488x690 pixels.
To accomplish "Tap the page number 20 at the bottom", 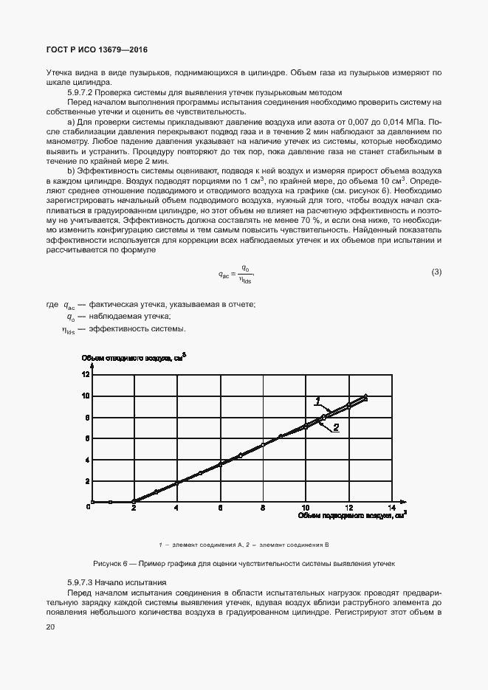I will click(50, 627).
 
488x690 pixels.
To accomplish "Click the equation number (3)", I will click(436, 272).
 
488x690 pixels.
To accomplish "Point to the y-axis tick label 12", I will click(85, 374).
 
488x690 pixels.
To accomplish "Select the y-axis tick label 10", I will click(85, 396).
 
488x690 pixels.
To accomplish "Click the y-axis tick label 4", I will click(87, 460).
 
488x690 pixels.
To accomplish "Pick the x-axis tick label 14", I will click(393, 508).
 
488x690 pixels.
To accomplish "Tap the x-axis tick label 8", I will click(263, 508).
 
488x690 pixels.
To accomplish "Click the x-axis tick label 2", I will click(134, 508).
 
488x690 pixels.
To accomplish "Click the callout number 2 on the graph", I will click(335, 427).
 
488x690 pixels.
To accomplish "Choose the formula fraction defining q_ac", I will click(245, 274).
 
